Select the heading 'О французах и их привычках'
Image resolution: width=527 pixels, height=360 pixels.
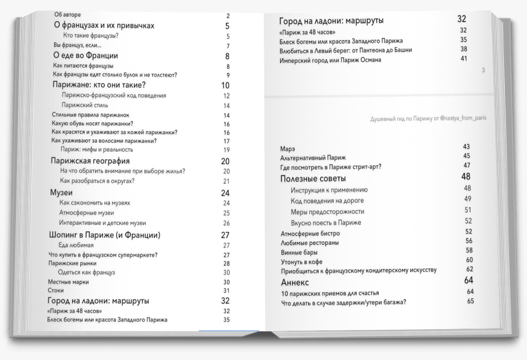pyautogui.click(x=104, y=26)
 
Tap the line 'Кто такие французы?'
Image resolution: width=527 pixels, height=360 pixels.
pyautogui.click(x=91, y=36)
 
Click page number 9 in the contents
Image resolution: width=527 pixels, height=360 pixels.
pyautogui.click(x=227, y=75)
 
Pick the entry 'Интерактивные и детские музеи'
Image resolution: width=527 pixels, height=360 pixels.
pyautogui.click(x=102, y=223)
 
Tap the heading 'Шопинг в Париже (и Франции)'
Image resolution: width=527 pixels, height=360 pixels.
pyautogui.click(x=104, y=235)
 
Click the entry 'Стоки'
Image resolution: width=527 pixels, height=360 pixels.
pyautogui.click(x=56, y=291)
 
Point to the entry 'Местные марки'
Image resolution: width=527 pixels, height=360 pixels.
pyautogui.click(x=68, y=282)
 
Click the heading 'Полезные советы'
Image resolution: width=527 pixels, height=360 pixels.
pyautogui.click(x=313, y=178)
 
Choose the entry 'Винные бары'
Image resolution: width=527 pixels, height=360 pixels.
pyautogui.click(x=299, y=253)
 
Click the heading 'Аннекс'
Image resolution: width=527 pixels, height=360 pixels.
pyautogui.click(x=295, y=282)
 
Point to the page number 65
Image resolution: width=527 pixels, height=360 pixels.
pyautogui.click(x=470, y=301)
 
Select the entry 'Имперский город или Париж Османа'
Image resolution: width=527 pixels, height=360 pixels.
pyautogui.click(x=330, y=60)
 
